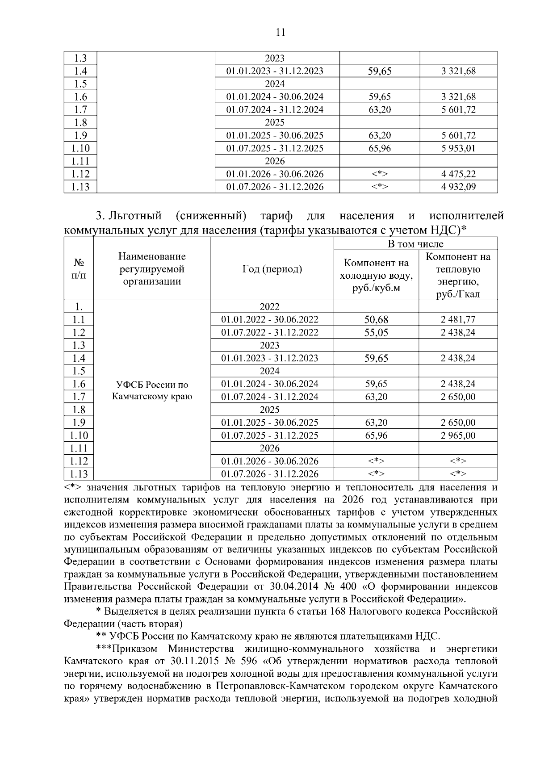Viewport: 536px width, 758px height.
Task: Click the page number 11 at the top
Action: click(281, 32)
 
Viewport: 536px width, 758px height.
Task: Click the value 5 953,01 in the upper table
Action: click(458, 148)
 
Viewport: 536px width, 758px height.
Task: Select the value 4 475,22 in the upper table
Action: click(458, 174)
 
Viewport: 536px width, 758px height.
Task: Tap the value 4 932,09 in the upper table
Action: click(458, 187)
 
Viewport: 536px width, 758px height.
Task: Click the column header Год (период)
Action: click(272, 269)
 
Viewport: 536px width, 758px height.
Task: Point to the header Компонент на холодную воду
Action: click(376, 275)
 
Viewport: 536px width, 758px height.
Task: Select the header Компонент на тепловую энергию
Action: click(458, 275)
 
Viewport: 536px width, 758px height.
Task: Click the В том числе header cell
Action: click(415, 244)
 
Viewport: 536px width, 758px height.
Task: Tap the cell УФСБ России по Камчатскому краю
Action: click(152, 390)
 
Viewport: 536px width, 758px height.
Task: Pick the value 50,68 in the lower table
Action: click(376, 320)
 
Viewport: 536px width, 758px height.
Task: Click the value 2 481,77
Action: click(458, 320)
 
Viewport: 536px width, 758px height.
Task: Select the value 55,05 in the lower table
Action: click(376, 333)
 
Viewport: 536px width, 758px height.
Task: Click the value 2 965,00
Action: click(458, 436)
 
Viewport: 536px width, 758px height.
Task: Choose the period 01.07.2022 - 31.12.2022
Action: click(270, 333)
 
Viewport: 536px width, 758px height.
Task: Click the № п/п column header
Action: click(79, 269)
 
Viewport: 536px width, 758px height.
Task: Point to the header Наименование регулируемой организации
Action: click(152, 269)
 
